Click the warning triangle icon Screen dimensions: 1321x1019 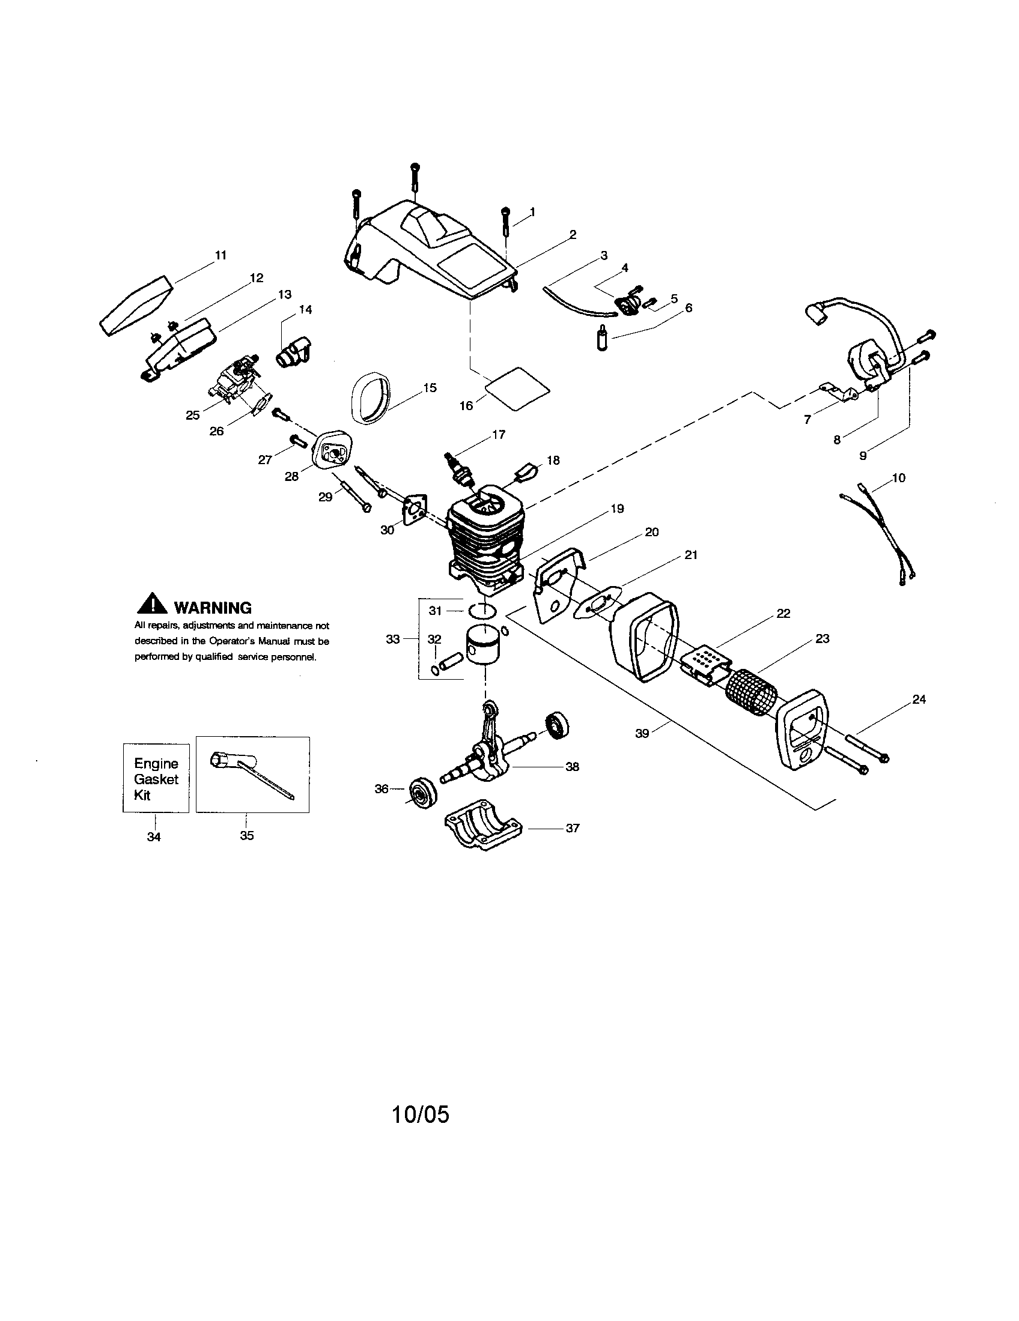click(x=151, y=604)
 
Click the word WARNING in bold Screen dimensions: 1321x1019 click(x=213, y=608)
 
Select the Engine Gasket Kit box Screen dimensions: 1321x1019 click(x=156, y=778)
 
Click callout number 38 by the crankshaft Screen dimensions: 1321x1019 click(x=572, y=767)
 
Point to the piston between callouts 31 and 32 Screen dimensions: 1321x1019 click(x=485, y=646)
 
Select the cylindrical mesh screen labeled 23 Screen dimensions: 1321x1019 click(x=749, y=691)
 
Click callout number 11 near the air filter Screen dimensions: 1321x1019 click(x=221, y=255)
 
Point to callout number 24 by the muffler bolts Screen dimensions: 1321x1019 click(x=919, y=699)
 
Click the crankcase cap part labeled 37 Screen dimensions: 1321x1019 click(x=485, y=831)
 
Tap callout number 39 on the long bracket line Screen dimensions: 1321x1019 click(x=642, y=733)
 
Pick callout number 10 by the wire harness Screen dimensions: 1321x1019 click(x=899, y=478)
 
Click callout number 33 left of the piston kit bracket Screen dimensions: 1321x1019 click(x=393, y=639)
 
